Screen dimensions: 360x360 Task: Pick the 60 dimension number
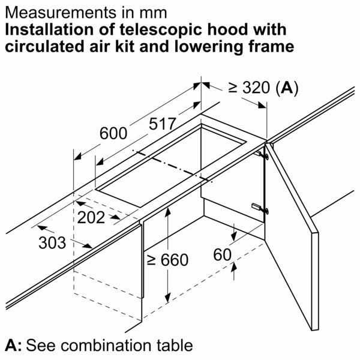pos(222,255)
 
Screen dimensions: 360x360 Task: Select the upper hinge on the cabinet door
pos(262,155)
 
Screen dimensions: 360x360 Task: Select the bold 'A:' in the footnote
pos(13,346)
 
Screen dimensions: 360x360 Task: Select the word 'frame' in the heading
pos(272,47)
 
